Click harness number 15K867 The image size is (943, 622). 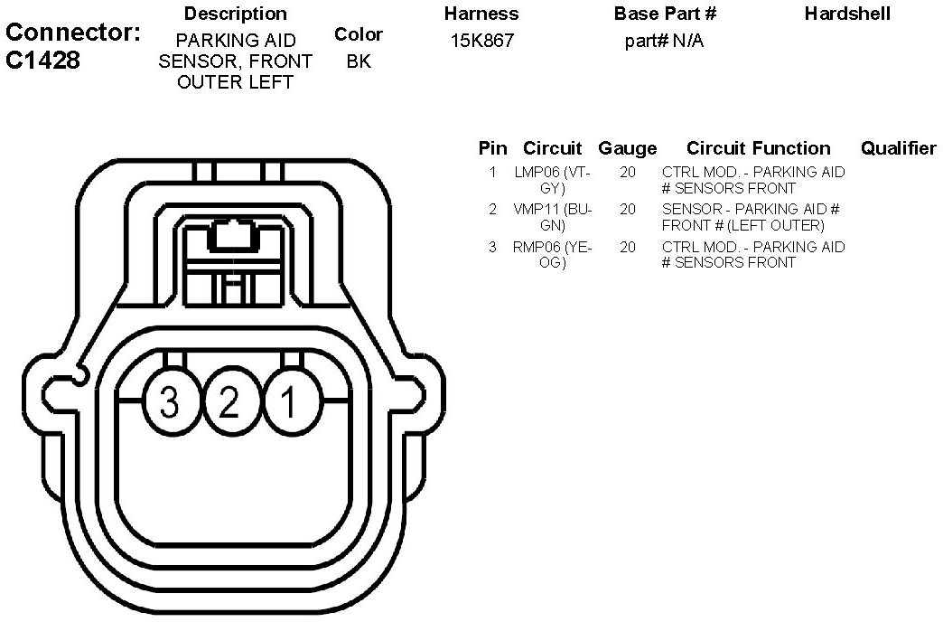point(482,42)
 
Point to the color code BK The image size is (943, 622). point(359,61)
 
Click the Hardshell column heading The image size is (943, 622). point(847,14)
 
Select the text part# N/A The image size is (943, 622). point(664,42)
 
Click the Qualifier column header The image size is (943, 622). point(898,148)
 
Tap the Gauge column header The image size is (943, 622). point(628,148)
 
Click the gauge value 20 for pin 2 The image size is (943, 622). point(628,209)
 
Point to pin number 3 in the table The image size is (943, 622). point(492,247)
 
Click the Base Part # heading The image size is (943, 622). point(665,14)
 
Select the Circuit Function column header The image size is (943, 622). point(758,148)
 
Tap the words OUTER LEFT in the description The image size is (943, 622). point(235,82)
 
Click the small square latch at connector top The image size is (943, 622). point(231,236)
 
